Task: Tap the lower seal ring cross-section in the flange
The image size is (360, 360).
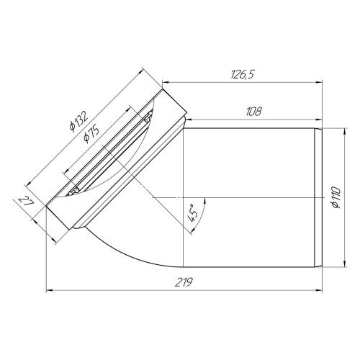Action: pyautogui.click(x=74, y=192)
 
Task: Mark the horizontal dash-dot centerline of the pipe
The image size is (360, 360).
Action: pyautogui.click(x=252, y=196)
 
